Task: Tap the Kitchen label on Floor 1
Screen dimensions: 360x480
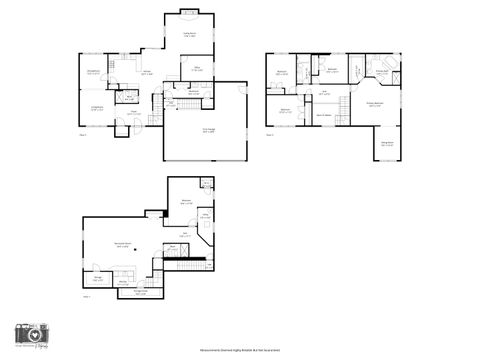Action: pyautogui.click(x=146, y=72)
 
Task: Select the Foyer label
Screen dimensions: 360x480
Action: pyautogui.click(x=133, y=113)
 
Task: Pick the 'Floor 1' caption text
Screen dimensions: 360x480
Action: pyautogui.click(x=83, y=134)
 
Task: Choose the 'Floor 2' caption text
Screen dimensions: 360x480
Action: pyautogui.click(x=269, y=135)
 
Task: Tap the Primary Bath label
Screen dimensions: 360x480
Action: pyautogui.click(x=382, y=71)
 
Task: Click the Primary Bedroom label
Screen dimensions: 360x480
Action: pyautogui.click(x=377, y=103)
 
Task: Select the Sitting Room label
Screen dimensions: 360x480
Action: pyautogui.click(x=388, y=143)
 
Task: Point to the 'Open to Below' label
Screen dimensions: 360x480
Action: pyautogui.click(x=325, y=117)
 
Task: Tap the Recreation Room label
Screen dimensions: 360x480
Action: pyautogui.click(x=125, y=244)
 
